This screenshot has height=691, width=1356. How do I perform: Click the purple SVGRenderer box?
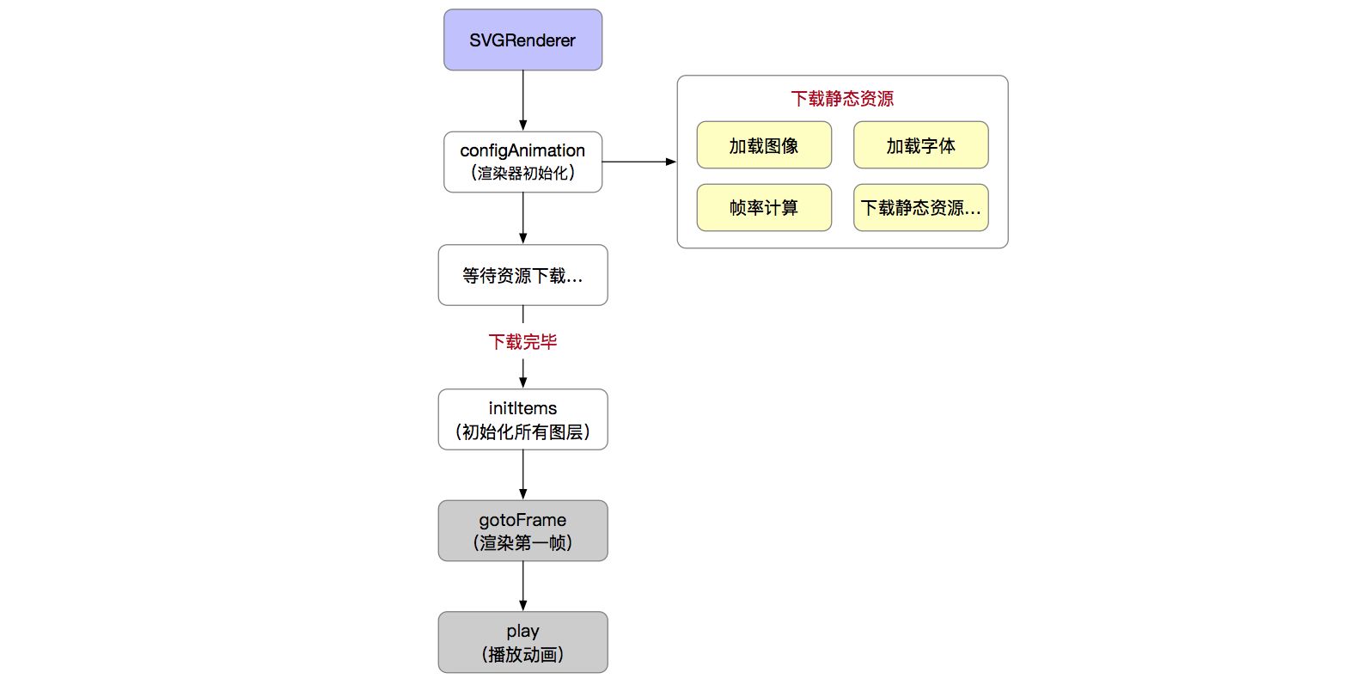click(x=522, y=40)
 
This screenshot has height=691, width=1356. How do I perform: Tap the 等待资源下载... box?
click(x=522, y=275)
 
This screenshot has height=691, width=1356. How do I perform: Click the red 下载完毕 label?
click(x=522, y=342)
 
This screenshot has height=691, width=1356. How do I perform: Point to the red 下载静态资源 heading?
click(x=842, y=99)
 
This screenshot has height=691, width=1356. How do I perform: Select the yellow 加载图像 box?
click(x=764, y=145)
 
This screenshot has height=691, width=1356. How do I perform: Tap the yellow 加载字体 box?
click(x=920, y=145)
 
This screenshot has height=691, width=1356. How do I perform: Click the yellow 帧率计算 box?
click(x=764, y=208)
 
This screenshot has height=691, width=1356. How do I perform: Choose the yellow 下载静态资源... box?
click(x=920, y=208)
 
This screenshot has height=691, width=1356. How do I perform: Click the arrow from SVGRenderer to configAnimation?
click(x=522, y=101)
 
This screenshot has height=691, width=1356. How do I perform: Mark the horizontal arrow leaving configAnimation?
click(x=638, y=162)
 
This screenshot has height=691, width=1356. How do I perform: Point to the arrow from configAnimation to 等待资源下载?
click(x=522, y=218)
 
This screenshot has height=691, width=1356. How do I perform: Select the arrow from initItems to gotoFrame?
click(x=522, y=474)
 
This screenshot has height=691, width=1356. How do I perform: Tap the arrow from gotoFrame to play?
click(x=522, y=586)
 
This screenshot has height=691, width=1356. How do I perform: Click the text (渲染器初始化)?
click(x=522, y=174)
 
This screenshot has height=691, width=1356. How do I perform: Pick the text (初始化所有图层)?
click(x=522, y=432)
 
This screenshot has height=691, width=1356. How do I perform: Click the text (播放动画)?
click(x=522, y=655)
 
